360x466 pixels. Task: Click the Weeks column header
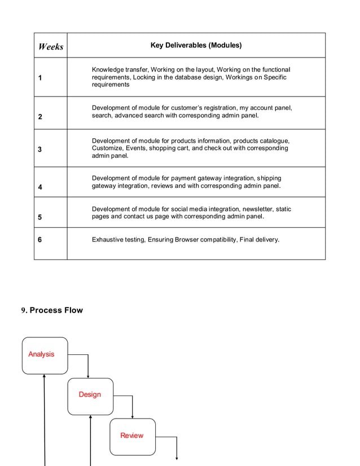(x=51, y=46)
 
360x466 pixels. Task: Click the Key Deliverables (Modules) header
(x=196, y=45)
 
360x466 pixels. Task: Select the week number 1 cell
(x=40, y=78)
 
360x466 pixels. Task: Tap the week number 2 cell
(x=40, y=117)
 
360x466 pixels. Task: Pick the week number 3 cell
(x=40, y=150)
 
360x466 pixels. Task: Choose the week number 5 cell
(x=40, y=217)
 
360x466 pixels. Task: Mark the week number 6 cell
(x=40, y=240)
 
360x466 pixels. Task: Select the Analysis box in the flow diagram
(x=45, y=355)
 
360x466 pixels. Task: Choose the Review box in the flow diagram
(x=132, y=436)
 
